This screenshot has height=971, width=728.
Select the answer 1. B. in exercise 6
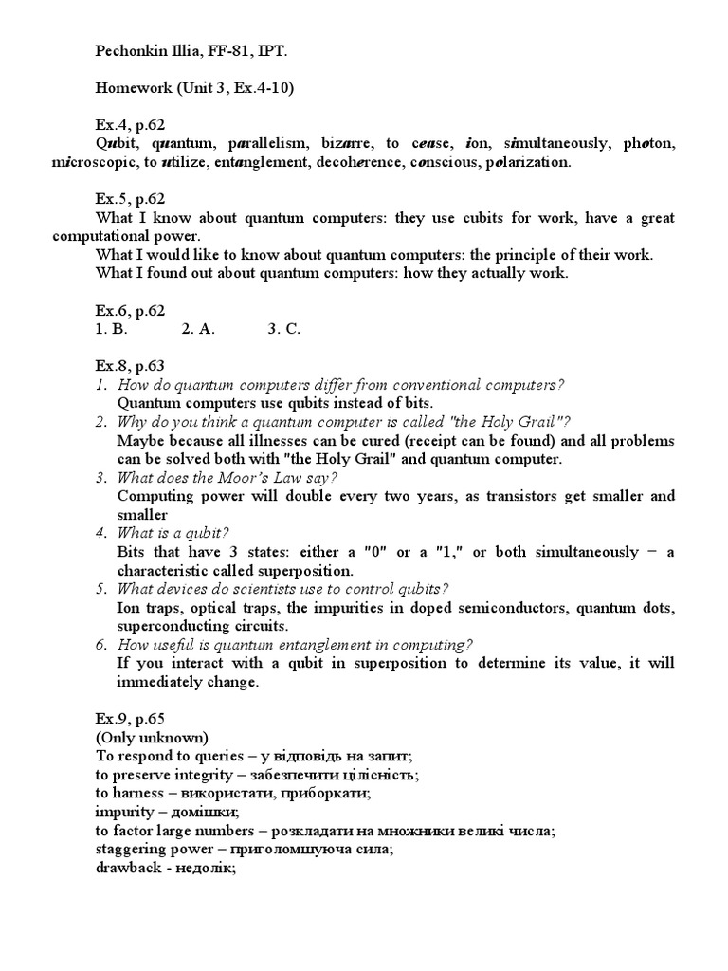(111, 329)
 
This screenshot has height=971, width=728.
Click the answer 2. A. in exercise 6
(199, 329)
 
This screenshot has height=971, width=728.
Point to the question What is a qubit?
(173, 533)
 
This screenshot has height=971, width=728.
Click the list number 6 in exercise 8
(100, 645)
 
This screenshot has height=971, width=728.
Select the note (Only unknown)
(152, 737)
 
